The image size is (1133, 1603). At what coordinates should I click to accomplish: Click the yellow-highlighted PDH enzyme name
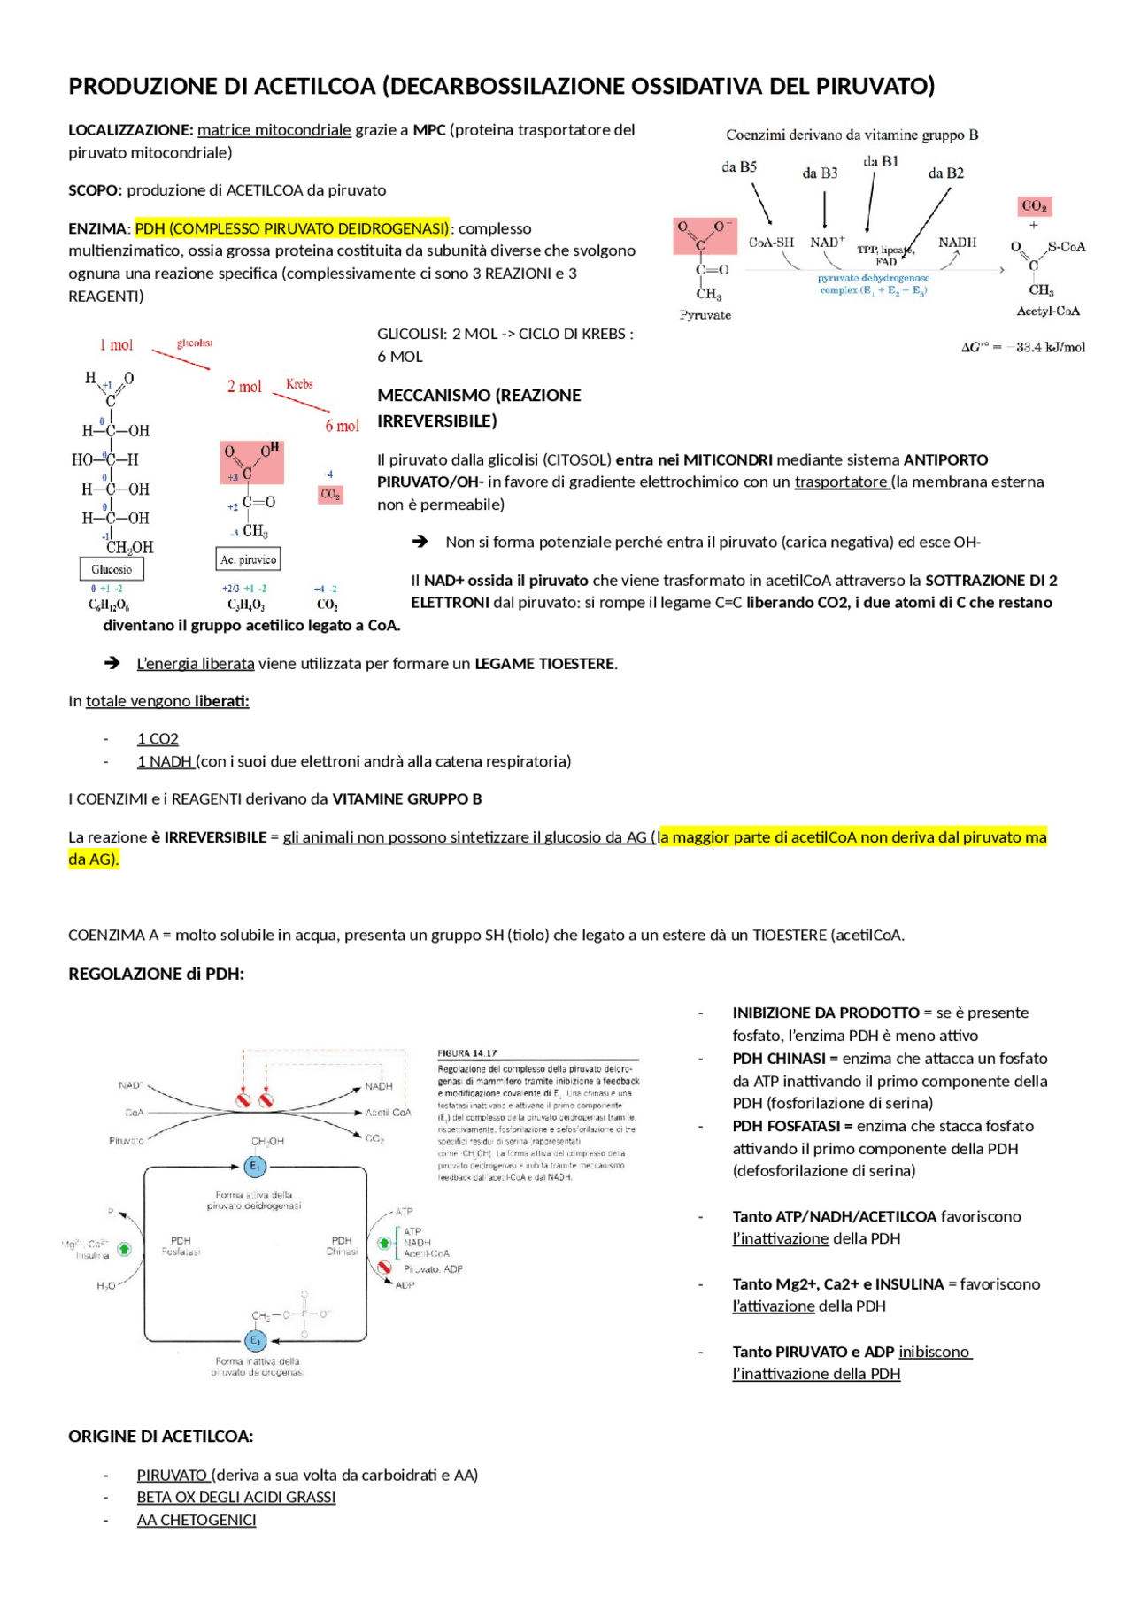pos(292,228)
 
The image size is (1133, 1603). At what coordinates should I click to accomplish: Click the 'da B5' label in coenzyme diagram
pos(738,166)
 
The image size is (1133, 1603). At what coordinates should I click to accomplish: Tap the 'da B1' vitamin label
pos(880,161)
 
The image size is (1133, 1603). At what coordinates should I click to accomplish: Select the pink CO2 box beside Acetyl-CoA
pos(1034,206)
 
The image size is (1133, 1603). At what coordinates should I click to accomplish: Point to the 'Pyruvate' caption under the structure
pos(705,315)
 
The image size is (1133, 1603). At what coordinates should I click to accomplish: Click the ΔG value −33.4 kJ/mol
pos(1023,347)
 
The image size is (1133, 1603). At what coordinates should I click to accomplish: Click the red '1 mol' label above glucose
pos(116,345)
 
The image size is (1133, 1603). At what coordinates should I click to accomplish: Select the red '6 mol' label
pos(342,426)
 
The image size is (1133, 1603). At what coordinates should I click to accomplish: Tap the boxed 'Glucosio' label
pos(112,569)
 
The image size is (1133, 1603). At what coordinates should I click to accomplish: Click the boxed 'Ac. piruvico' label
pos(249,559)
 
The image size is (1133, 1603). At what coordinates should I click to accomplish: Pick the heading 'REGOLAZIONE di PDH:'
pos(156,974)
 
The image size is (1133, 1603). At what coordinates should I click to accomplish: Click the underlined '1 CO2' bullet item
pos(158,738)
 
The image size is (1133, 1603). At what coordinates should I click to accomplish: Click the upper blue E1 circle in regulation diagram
pos(255,1167)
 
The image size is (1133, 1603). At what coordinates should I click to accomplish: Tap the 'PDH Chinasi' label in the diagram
pos(342,1246)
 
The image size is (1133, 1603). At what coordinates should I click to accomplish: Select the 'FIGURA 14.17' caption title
pos(467,1053)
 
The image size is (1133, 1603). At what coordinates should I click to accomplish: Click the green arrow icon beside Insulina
pos(124,1249)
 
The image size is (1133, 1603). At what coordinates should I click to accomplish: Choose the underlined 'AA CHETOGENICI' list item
pos(197,1520)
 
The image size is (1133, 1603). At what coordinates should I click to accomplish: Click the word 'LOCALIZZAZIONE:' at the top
pos(130,130)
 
